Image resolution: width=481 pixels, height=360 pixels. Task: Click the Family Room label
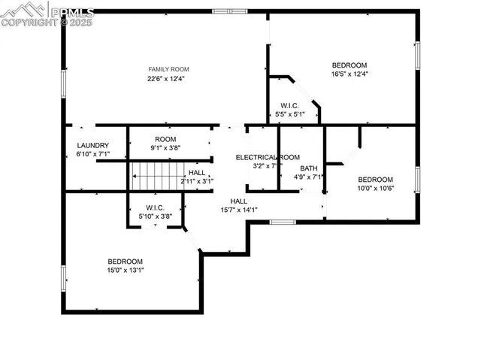point(165,69)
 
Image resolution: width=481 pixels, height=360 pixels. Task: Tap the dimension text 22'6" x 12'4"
point(165,78)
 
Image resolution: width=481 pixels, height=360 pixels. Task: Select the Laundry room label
point(93,146)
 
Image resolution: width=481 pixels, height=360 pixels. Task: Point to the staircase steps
point(155,177)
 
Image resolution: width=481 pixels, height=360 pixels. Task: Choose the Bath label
point(309,168)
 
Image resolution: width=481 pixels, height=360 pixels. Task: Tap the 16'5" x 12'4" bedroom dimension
point(349,74)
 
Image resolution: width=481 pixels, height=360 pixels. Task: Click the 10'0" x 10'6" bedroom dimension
point(375,189)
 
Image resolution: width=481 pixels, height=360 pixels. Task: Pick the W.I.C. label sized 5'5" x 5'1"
point(291,114)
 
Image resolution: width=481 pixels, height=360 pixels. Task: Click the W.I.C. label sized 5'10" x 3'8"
point(155,216)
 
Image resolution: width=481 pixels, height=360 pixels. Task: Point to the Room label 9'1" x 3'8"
point(165,148)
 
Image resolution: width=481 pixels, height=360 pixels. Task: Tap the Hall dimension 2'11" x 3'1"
point(197,181)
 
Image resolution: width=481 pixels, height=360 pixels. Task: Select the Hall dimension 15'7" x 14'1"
point(239,210)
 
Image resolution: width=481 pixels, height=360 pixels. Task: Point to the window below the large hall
point(282,222)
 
